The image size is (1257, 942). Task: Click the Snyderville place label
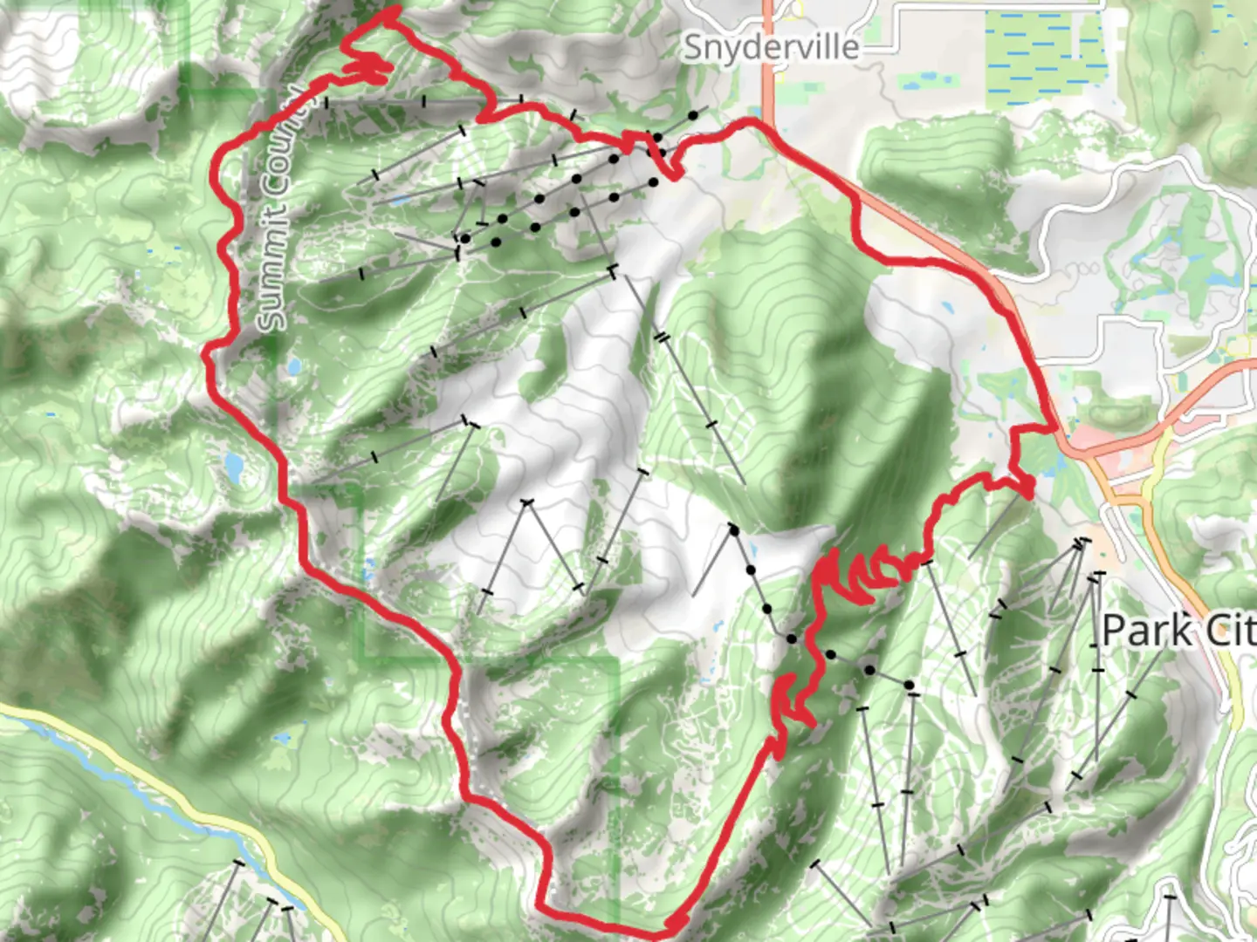point(771,47)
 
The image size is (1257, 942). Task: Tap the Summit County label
point(280,209)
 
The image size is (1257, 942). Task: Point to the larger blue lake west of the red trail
point(234,467)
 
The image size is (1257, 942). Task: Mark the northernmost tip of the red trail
point(395,10)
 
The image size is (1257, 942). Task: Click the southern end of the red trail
point(675,921)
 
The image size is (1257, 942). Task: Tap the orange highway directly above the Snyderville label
point(769,13)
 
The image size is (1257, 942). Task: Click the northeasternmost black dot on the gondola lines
point(692,114)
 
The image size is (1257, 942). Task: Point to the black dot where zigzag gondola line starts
point(734,530)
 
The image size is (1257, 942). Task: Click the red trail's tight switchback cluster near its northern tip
point(368,66)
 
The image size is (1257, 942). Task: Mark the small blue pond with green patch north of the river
point(281,739)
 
